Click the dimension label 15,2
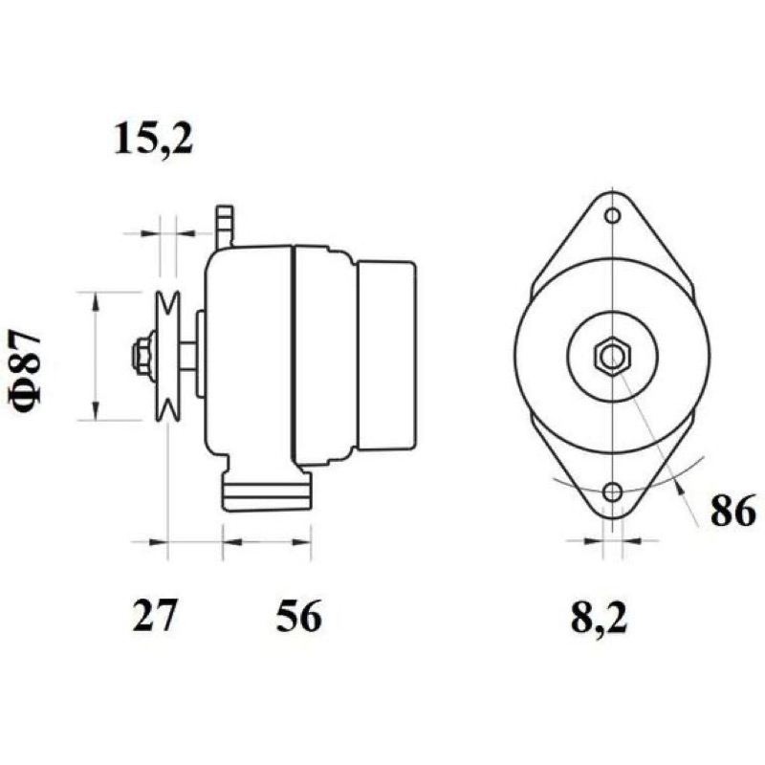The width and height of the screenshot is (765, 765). (153, 139)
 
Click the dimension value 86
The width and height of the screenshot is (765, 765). (732, 511)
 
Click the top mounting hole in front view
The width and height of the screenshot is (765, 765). (612, 215)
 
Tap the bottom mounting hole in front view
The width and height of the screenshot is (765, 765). (612, 492)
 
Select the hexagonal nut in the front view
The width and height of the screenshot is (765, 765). (612, 356)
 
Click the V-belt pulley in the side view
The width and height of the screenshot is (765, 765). (167, 356)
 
